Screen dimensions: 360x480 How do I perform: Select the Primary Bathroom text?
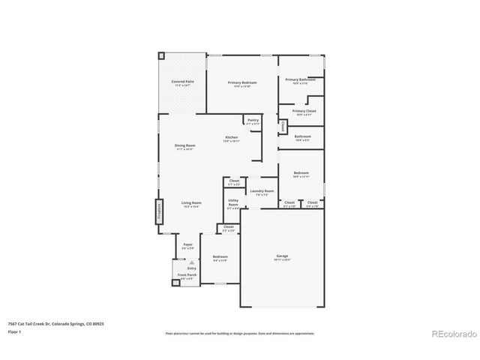300,79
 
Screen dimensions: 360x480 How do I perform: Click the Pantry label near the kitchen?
253,120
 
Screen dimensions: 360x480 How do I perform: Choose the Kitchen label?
232,137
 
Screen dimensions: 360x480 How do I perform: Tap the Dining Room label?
185,145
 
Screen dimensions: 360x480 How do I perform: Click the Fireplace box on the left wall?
159,211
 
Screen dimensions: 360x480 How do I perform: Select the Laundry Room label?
262,191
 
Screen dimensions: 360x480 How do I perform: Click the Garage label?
282,256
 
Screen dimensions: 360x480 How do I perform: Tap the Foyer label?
188,244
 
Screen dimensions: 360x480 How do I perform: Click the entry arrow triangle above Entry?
190,262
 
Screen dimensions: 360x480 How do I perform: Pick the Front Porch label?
187,275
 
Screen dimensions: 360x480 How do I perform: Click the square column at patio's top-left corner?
160,55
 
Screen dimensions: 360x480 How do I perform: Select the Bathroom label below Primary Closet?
302,136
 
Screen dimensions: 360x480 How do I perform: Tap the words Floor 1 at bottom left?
15,331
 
